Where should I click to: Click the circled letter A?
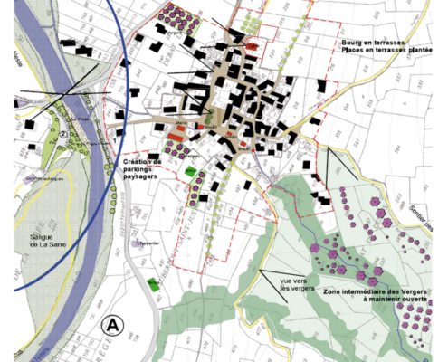click(x=113, y=323)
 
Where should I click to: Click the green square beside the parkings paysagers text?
click(x=190, y=170)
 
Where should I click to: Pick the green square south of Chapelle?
click(x=153, y=284)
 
